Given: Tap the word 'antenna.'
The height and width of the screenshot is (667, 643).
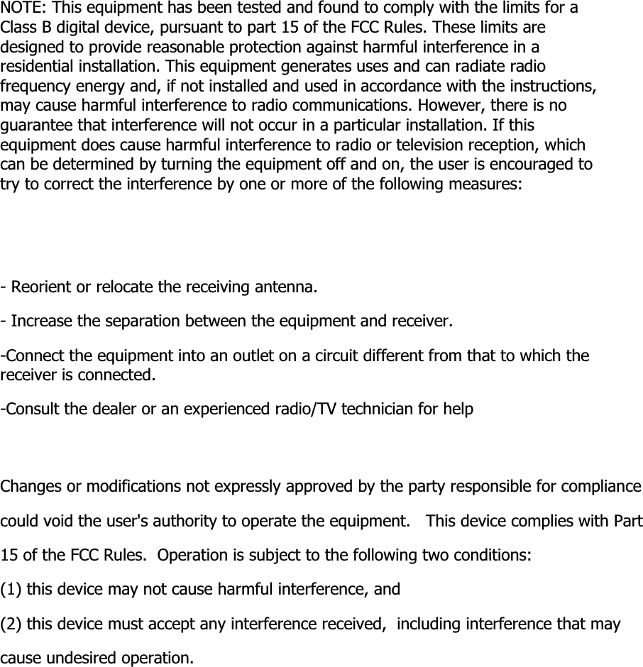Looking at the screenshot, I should [283, 288].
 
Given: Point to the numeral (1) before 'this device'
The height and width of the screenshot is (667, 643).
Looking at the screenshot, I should [11, 589].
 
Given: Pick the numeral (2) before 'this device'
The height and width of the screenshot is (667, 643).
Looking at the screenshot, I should [11, 624].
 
